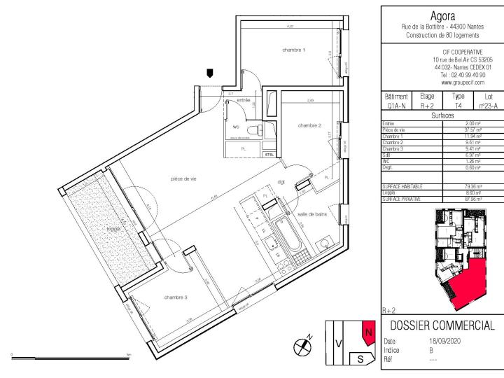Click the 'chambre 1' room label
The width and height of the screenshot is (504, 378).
pyautogui.click(x=293, y=50)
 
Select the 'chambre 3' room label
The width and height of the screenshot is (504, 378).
pyautogui.click(x=176, y=297)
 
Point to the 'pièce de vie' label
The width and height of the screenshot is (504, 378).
pyautogui.click(x=181, y=179)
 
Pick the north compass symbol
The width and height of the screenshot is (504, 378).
pyautogui.click(x=303, y=344)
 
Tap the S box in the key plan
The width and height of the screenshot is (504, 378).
pyautogui.click(x=360, y=358)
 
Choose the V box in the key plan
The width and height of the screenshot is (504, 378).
pyautogui.click(x=339, y=343)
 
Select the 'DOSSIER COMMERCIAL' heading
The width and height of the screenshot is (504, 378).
pyautogui.click(x=442, y=327)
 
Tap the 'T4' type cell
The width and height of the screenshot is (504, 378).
pyautogui.click(x=458, y=106)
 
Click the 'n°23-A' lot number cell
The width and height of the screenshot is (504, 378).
pyautogui.click(x=488, y=106)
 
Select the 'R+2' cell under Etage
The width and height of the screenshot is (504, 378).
pyautogui.click(x=427, y=106)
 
